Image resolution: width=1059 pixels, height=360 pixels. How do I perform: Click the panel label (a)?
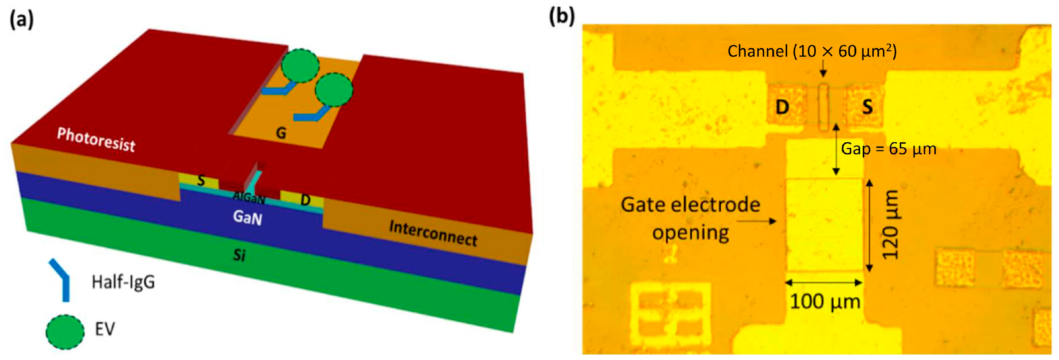[x=22, y=19]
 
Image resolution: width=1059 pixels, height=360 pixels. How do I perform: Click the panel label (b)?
[x=562, y=17]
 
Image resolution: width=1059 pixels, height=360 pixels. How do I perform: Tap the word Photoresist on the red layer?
[x=96, y=140]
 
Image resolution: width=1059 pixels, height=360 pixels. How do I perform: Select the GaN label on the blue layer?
[x=248, y=217]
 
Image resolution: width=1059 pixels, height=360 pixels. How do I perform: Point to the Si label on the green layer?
[x=239, y=255]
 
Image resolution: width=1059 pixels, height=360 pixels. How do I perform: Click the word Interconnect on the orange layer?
[x=433, y=233]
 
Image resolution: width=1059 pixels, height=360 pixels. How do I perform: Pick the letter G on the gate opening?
[x=281, y=133]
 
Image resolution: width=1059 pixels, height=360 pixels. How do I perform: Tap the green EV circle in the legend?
[x=65, y=331]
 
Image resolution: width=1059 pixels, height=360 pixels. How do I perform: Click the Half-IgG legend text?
[x=123, y=282]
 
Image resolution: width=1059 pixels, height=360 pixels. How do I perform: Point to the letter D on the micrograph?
[x=782, y=107]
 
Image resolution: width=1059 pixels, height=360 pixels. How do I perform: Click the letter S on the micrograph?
[x=868, y=107]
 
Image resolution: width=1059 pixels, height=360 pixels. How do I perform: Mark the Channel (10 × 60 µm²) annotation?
[x=812, y=51]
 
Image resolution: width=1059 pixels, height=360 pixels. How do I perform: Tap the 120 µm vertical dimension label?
[x=890, y=224]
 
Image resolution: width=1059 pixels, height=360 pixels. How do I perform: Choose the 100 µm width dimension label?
[x=825, y=302]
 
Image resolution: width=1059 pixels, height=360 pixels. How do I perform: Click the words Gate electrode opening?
[x=691, y=218]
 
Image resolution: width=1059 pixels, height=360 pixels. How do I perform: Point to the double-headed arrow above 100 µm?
[x=824, y=282]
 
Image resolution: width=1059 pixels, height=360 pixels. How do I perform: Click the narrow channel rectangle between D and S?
[x=823, y=107]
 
